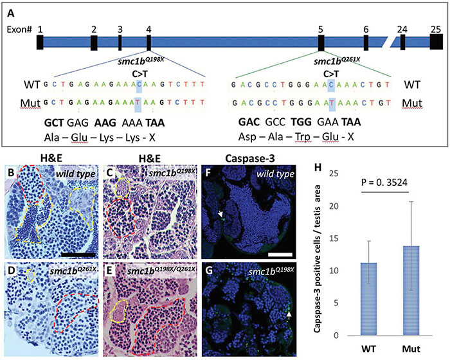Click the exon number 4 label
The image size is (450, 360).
(x=148, y=29)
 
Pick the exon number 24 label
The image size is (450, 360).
(x=402, y=29)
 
